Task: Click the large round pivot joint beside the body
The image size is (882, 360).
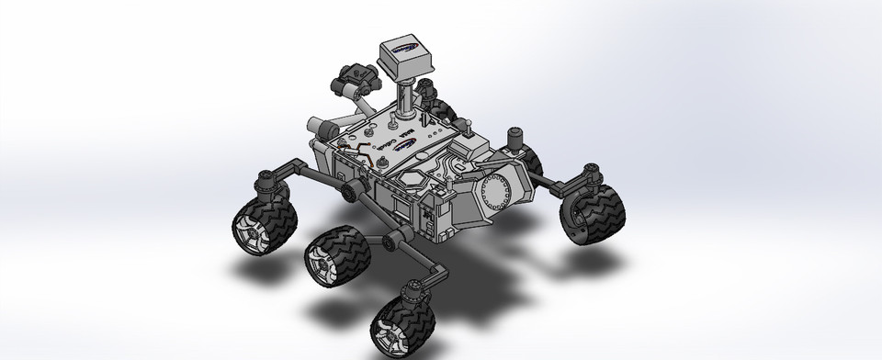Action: pyautogui.click(x=350, y=191)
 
